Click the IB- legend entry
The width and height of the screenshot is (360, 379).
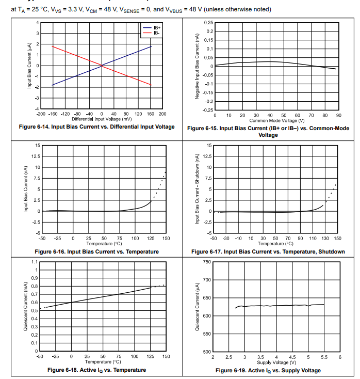pos(155,33)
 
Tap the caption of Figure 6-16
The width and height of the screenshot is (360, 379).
pos(96,251)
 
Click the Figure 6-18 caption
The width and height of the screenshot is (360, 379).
pos(96,370)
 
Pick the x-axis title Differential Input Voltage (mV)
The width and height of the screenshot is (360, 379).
pos(101,118)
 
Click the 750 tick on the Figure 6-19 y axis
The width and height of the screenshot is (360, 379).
pos(207,262)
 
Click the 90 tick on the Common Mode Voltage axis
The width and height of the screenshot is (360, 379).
pos(338,115)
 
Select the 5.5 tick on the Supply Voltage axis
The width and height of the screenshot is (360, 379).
pos(324,357)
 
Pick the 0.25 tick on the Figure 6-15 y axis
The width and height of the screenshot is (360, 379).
pos(208,23)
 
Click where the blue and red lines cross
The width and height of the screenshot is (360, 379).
pos(102,66)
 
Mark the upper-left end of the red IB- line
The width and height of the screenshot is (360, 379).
pos(52,46)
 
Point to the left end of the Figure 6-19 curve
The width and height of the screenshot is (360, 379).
pos(235,308)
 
